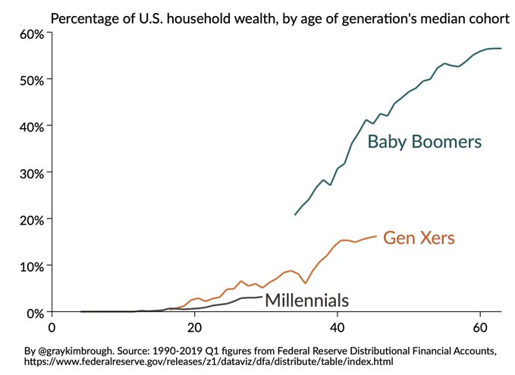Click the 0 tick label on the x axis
[x=52, y=328]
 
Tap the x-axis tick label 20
[x=195, y=328]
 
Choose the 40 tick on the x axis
[x=338, y=328]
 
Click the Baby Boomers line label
[x=425, y=142]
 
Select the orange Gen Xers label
[x=419, y=238]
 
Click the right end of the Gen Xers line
[x=375, y=236]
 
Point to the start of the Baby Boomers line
[x=295, y=215]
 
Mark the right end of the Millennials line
[x=262, y=297]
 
